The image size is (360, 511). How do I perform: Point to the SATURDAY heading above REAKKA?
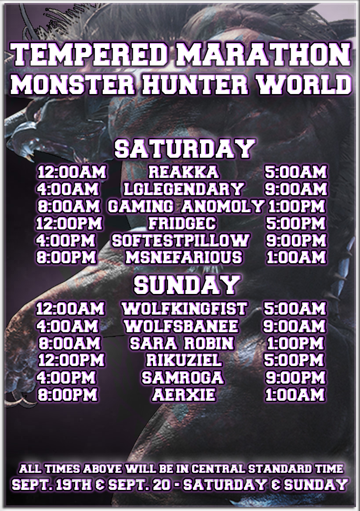185,149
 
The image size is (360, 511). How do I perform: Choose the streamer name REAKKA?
183,172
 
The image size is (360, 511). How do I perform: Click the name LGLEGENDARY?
183,189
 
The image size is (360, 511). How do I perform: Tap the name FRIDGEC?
182,224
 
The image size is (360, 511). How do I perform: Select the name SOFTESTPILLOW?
181,241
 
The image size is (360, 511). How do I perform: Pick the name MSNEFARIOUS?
183,257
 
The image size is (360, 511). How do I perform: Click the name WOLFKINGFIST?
184,309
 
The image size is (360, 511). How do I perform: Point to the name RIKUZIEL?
184,361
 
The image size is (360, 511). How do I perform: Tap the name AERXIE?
184,395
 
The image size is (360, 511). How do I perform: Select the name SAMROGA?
182,378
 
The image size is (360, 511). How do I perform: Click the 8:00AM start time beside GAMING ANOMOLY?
69,207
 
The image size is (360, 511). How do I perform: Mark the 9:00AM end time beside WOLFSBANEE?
294,326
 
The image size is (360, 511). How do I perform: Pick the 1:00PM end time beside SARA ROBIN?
295,343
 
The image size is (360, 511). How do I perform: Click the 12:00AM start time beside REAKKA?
72,172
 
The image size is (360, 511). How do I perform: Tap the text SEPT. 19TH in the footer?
52,485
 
